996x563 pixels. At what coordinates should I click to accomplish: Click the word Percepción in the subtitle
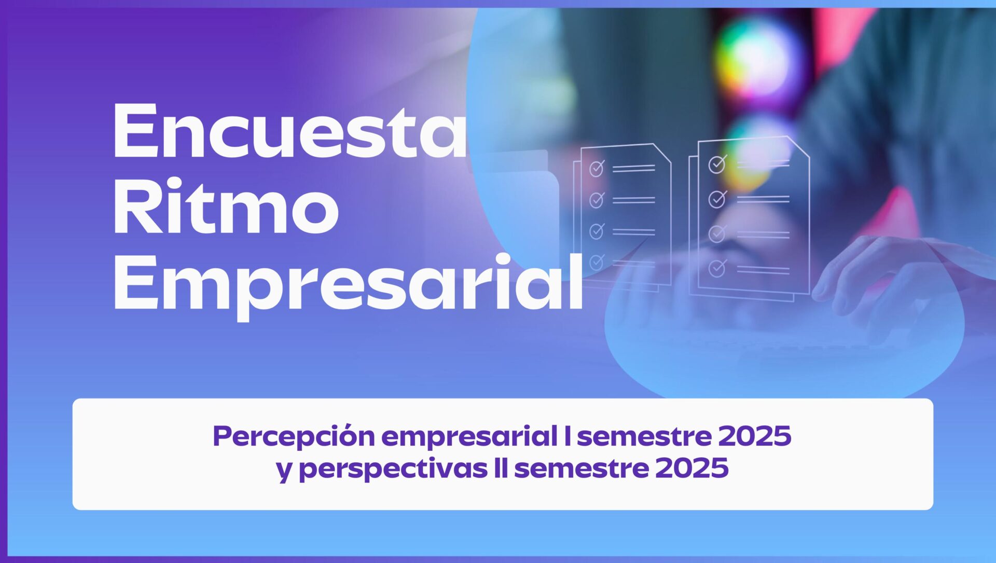(294, 437)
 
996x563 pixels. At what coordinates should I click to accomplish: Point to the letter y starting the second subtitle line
(285, 472)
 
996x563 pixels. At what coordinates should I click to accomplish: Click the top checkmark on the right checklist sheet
(717, 163)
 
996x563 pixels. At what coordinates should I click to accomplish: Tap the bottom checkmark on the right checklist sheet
(717, 268)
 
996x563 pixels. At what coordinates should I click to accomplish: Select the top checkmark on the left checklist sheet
(597, 168)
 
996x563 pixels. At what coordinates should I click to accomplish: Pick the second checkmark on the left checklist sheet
(597, 199)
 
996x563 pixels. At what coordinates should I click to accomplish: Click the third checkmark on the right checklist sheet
(717, 234)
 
